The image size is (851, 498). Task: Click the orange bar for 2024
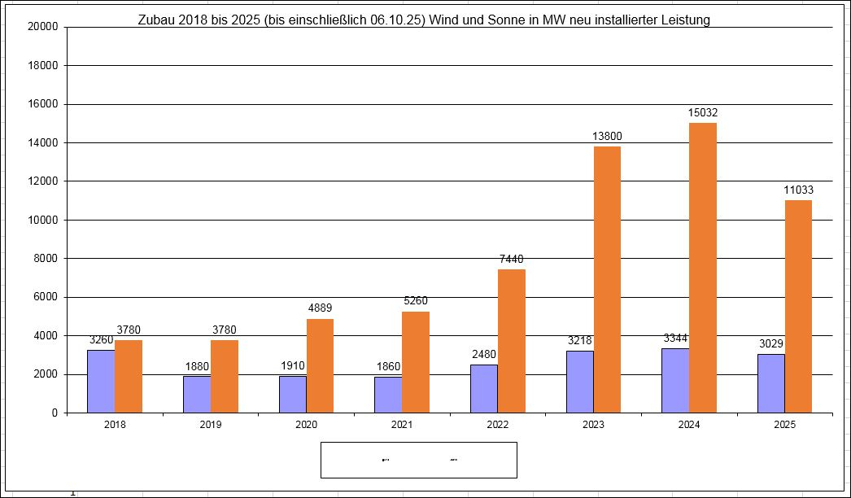703,268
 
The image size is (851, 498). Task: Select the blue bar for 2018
101,381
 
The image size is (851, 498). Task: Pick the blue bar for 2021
388,395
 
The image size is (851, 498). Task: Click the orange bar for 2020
320,365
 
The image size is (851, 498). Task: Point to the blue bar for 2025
770,383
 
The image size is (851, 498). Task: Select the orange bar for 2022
512,341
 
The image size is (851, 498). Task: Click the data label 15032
703,113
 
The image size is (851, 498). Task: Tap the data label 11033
798,190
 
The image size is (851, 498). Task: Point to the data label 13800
607,137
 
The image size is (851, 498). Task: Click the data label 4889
320,308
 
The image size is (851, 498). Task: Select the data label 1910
292,366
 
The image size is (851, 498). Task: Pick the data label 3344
675,339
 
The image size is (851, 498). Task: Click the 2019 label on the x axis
211,425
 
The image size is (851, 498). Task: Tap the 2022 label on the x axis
498,425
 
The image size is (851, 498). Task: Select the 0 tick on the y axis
55,413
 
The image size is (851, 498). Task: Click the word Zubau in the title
157,20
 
